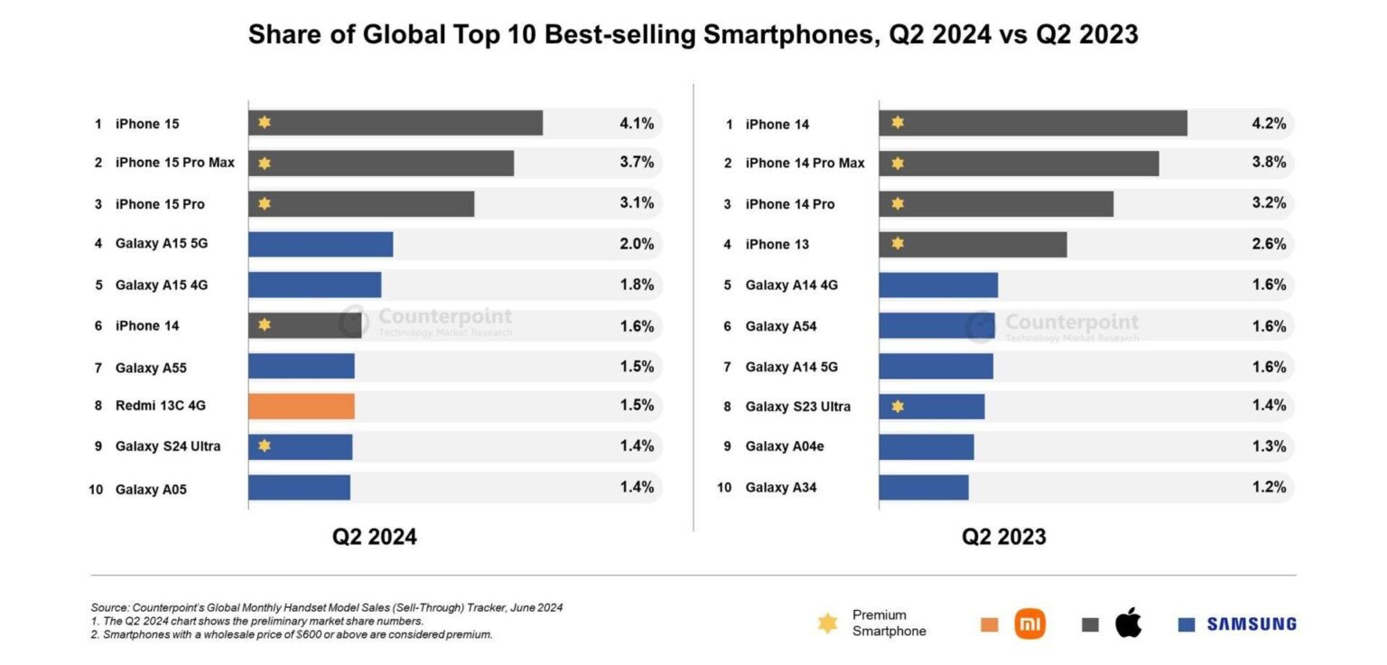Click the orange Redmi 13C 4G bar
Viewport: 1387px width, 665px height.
click(x=301, y=406)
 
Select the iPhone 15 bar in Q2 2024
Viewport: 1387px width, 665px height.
click(x=396, y=123)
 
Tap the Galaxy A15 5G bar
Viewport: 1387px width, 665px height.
click(x=321, y=244)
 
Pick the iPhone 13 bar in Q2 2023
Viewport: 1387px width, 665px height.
click(x=973, y=244)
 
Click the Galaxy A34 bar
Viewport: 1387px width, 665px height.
click(x=923, y=488)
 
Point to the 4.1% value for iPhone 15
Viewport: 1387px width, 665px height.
click(x=636, y=123)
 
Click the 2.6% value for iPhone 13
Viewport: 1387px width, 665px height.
click(x=1268, y=244)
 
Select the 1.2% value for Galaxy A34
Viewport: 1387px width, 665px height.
click(x=1268, y=487)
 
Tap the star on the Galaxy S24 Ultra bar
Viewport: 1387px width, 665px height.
click(x=264, y=445)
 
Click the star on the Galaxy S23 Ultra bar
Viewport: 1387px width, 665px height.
click(x=897, y=407)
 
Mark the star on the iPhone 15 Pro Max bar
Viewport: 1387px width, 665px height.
click(x=264, y=164)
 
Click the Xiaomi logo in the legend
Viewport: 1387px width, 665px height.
click(x=1029, y=623)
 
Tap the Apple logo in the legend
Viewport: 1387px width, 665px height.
click(x=1128, y=623)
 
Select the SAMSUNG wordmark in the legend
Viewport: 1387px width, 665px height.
click(x=1251, y=623)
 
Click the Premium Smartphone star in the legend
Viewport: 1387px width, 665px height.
click(x=827, y=623)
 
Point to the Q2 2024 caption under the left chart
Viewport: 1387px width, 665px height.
click(x=374, y=537)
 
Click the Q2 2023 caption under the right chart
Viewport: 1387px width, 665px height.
click(x=1003, y=537)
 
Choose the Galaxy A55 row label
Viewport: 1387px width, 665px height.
click(x=151, y=368)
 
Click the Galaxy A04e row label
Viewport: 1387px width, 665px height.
click(x=785, y=446)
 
